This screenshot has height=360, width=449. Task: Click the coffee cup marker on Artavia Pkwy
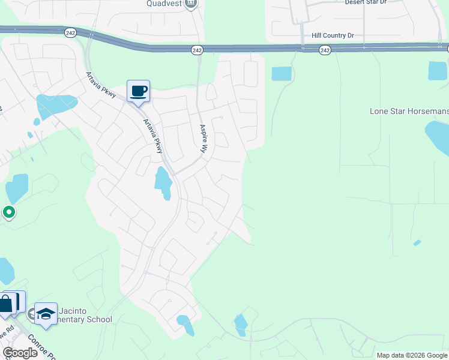(138, 91)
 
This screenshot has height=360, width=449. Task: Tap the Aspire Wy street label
(203, 137)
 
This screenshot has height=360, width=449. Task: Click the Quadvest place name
(164, 4)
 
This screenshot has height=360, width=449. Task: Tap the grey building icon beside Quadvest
(191, 4)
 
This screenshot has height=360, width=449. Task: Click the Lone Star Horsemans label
(408, 112)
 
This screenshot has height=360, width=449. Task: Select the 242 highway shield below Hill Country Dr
(325, 50)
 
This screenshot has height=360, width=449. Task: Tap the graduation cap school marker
(46, 314)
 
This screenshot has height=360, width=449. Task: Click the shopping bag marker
(6, 304)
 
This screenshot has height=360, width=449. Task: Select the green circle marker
(9, 212)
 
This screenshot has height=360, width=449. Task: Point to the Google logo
(20, 353)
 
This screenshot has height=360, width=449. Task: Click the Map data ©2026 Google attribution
(411, 355)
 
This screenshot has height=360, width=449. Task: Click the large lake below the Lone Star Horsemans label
(438, 138)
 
